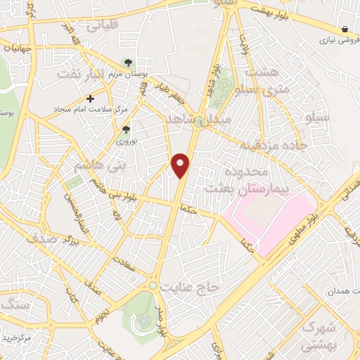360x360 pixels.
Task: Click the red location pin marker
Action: coord(181,165)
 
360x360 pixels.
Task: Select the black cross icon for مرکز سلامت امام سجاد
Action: coord(91,98)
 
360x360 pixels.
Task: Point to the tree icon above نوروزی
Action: coord(127,129)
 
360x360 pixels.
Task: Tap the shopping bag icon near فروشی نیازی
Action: coord(345,29)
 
